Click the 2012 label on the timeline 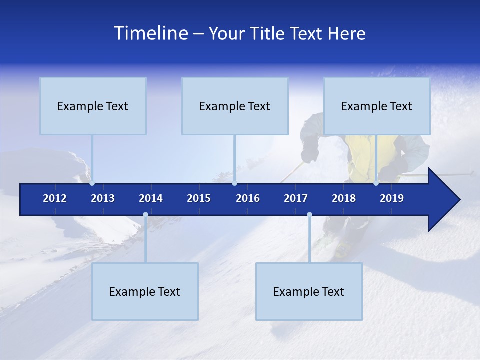(x=55, y=198)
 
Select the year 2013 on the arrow (x=103, y=198)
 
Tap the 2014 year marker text (x=151, y=198)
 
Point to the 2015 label (x=199, y=198)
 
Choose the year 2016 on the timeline (x=248, y=198)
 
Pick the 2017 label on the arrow (x=296, y=198)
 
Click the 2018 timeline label (x=344, y=198)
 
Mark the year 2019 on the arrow (x=392, y=198)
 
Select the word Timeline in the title (x=150, y=33)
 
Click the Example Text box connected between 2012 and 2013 (x=93, y=106)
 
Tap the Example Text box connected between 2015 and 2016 (x=235, y=106)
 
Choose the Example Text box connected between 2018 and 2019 (x=377, y=106)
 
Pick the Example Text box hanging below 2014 (x=145, y=291)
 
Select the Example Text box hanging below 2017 (x=309, y=291)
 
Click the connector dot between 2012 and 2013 (x=92, y=183)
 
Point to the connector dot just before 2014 (x=145, y=215)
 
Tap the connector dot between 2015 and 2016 (x=234, y=183)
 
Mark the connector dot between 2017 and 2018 (x=309, y=215)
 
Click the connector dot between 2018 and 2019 (x=376, y=183)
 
